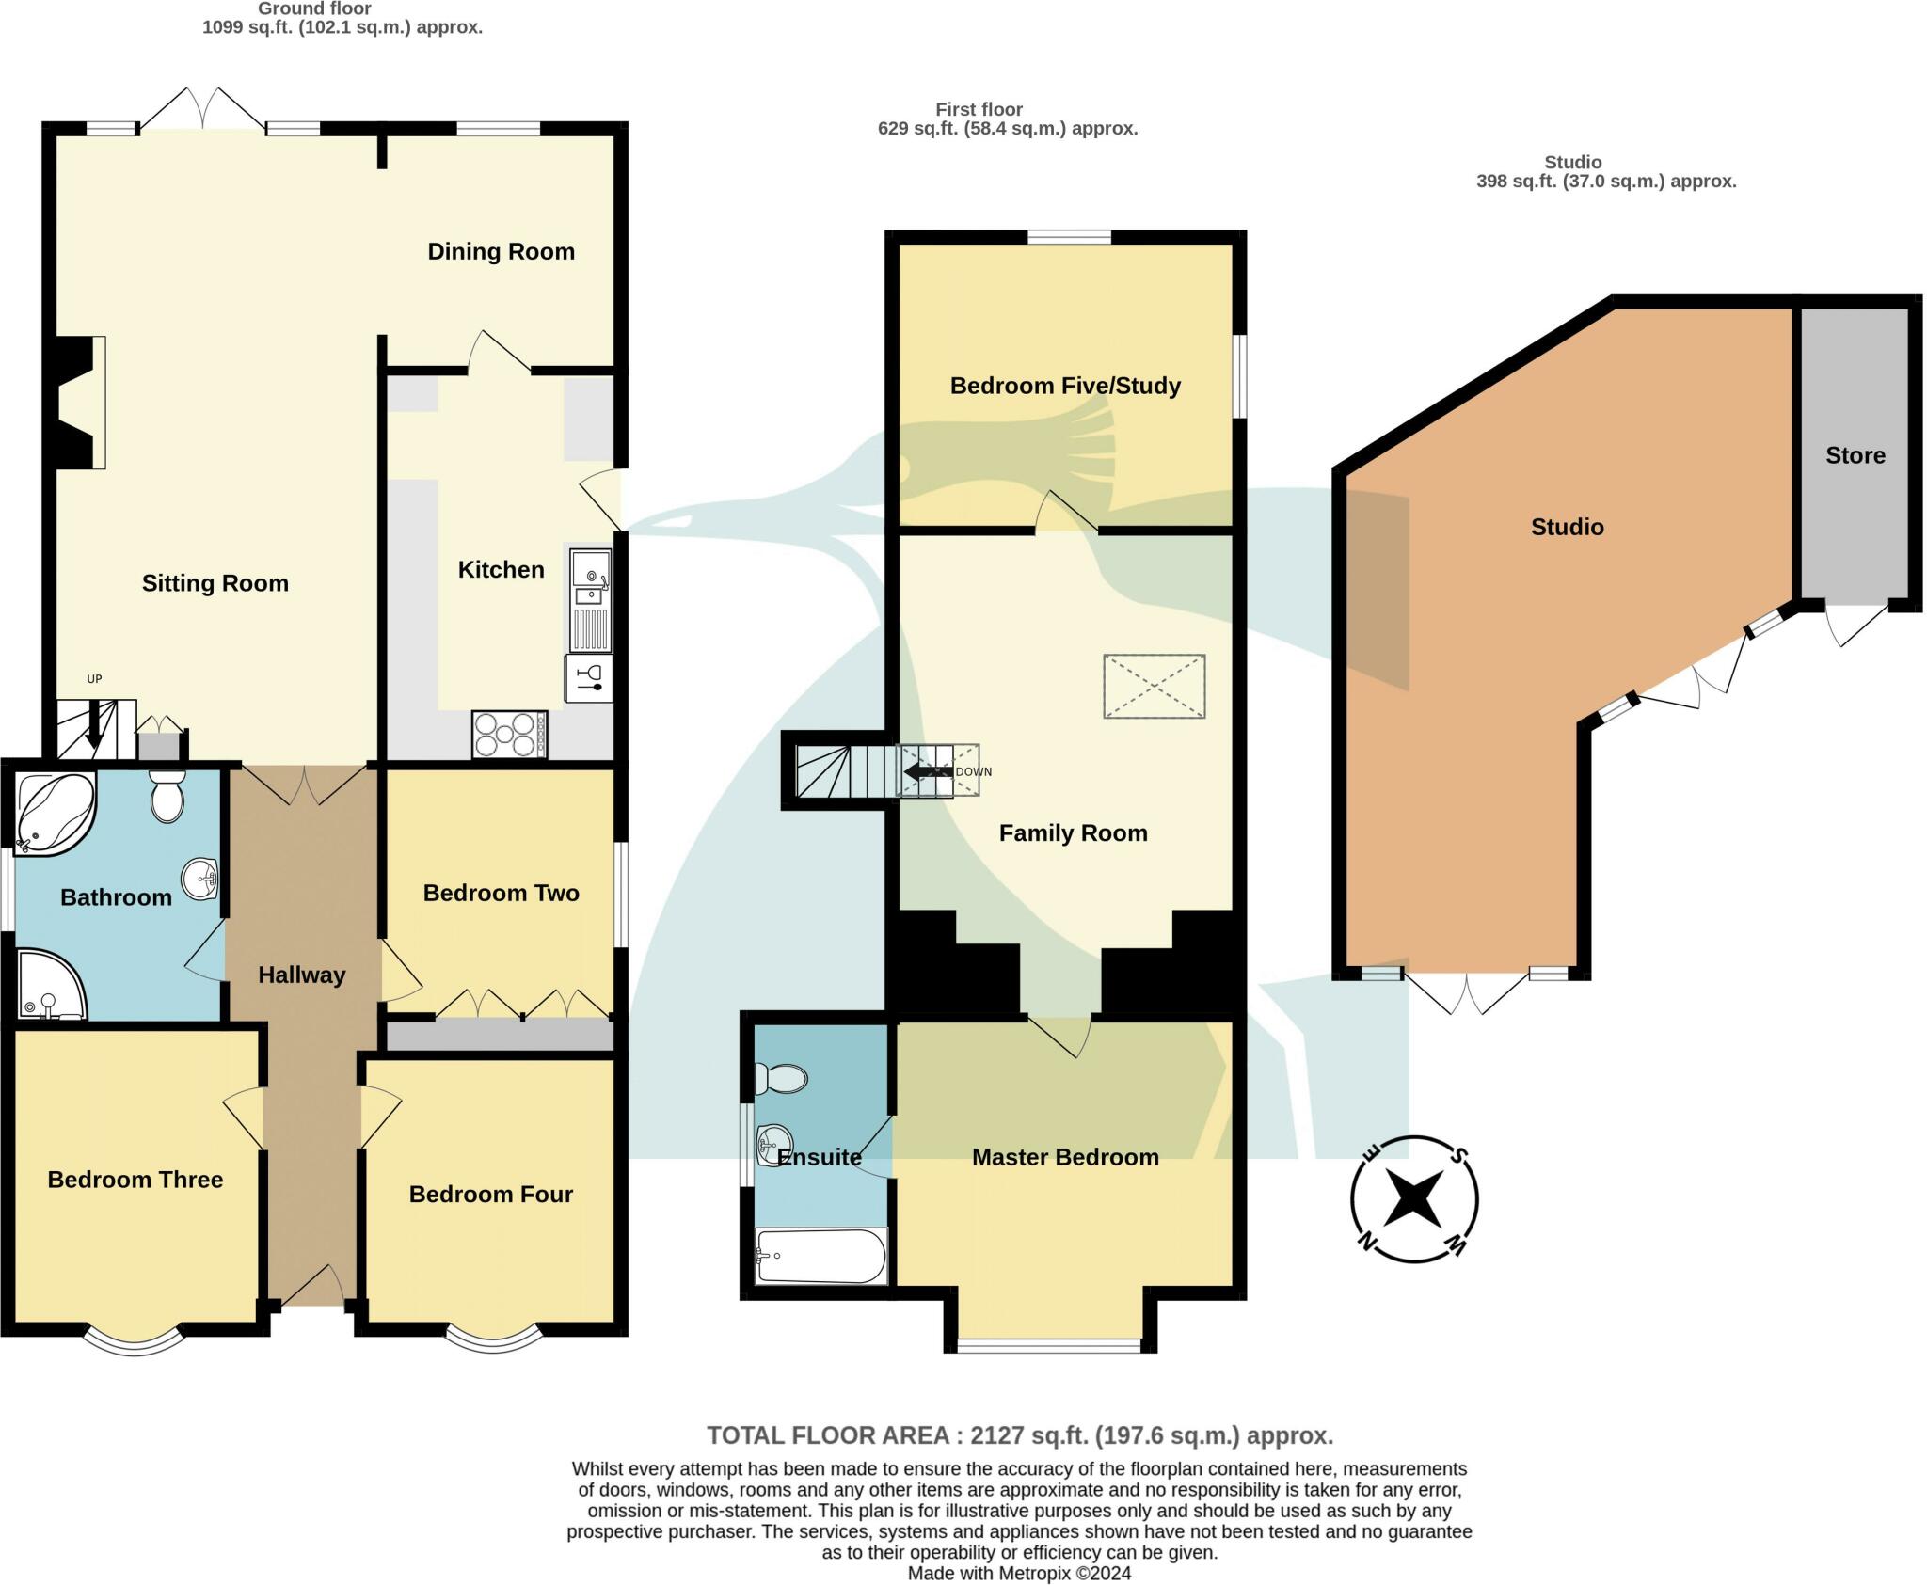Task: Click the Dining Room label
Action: (501, 251)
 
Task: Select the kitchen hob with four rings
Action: (509, 735)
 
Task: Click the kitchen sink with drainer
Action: (591, 601)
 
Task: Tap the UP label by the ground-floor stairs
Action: (94, 679)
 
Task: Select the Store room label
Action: (1855, 455)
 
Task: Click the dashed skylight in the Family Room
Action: (1154, 687)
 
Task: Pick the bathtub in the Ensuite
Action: (820, 1256)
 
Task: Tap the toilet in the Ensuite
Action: (783, 1078)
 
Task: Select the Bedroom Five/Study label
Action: (1065, 386)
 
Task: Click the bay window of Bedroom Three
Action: (134, 1342)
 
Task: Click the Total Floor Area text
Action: (1020, 1435)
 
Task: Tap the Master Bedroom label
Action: (1065, 1157)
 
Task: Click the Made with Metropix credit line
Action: (1019, 1573)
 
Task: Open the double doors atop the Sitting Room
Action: (202, 111)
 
